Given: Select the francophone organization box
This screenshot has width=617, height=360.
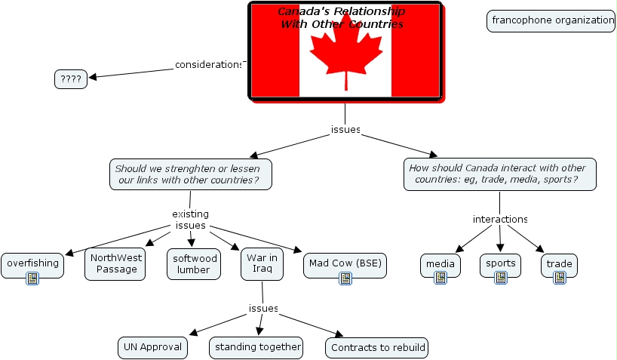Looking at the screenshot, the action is [x=551, y=21].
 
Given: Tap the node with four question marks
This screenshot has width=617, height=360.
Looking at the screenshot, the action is [x=71, y=79].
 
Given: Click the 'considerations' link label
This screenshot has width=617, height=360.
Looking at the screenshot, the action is [x=208, y=65].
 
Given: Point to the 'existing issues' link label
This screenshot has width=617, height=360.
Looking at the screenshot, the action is [x=190, y=220].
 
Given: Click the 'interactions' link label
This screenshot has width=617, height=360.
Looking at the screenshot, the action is [x=500, y=219].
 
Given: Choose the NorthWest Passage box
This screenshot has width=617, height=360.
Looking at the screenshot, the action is [x=115, y=264].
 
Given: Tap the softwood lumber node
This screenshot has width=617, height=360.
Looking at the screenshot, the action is [x=194, y=264].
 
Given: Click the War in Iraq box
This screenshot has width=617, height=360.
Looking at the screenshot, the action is [x=262, y=264].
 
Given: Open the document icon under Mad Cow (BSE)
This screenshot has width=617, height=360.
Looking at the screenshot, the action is [x=345, y=278].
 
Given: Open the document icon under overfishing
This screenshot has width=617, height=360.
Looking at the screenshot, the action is [x=32, y=278].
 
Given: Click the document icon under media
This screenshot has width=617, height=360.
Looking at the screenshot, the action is [x=440, y=278].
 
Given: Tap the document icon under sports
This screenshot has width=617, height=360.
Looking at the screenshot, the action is [x=501, y=278].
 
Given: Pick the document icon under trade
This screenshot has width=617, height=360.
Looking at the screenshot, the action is [x=559, y=278].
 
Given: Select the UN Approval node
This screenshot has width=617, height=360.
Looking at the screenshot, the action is [x=152, y=348].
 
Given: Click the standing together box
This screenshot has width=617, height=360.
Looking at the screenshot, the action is [x=256, y=348].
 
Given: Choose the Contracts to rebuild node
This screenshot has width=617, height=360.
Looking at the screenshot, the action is [x=377, y=348].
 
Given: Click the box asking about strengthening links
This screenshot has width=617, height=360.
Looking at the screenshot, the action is [x=191, y=174].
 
